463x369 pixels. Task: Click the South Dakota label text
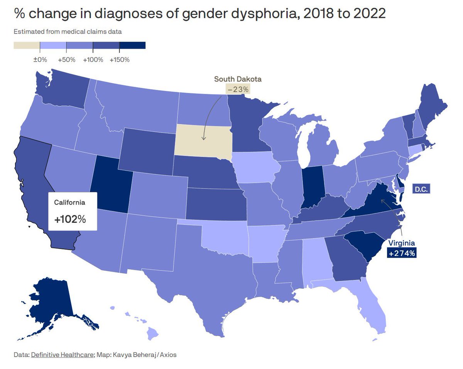238,79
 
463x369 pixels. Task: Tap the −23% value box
238,90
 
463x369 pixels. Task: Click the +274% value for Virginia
402,253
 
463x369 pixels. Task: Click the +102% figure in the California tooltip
70,219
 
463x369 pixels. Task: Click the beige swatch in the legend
27,46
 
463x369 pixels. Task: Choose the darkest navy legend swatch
132,46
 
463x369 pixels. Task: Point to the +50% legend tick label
66,60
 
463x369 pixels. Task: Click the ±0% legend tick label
40,60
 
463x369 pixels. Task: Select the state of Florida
370,309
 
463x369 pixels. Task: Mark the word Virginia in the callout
402,243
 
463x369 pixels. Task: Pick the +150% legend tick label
120,60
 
